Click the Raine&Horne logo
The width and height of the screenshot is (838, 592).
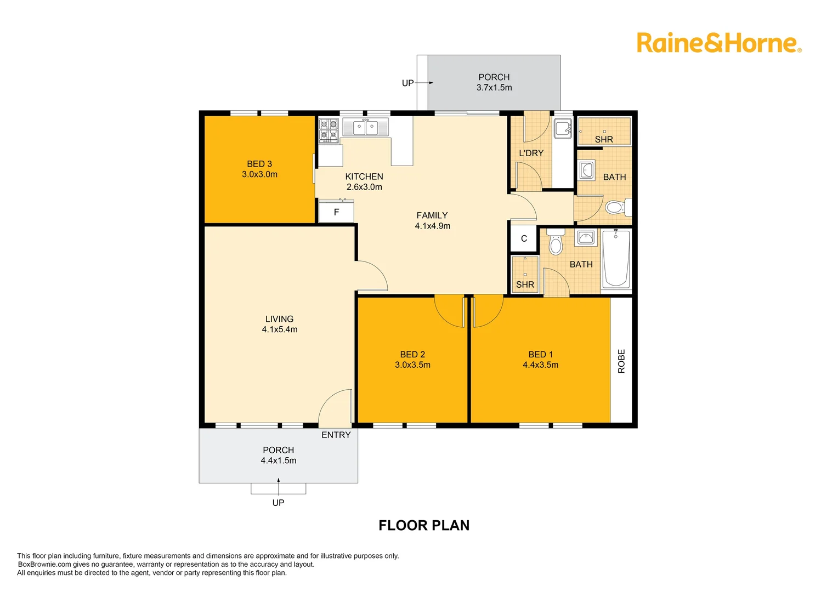click(x=718, y=43)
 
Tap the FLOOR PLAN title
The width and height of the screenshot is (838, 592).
click(x=424, y=525)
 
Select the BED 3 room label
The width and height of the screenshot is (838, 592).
click(x=259, y=164)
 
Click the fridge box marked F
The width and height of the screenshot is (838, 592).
click(x=336, y=212)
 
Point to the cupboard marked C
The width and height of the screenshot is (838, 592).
click(x=524, y=238)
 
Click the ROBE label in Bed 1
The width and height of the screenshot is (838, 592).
click(x=621, y=361)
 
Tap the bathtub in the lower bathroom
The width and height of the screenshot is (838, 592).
click(x=616, y=258)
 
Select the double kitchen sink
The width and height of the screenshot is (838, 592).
click(x=365, y=127)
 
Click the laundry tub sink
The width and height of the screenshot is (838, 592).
click(x=562, y=129)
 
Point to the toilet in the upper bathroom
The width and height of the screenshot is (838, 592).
click(x=616, y=208)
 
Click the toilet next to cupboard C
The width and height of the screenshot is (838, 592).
click(x=556, y=244)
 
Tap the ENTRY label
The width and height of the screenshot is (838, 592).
click(x=336, y=435)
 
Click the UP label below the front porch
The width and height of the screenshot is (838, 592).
click(x=278, y=503)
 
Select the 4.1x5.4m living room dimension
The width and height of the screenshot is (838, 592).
click(x=280, y=329)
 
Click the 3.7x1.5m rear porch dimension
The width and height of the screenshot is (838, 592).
click(x=494, y=88)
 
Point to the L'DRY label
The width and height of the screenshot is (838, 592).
click(x=531, y=153)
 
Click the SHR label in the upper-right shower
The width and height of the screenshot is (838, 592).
click(x=604, y=139)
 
